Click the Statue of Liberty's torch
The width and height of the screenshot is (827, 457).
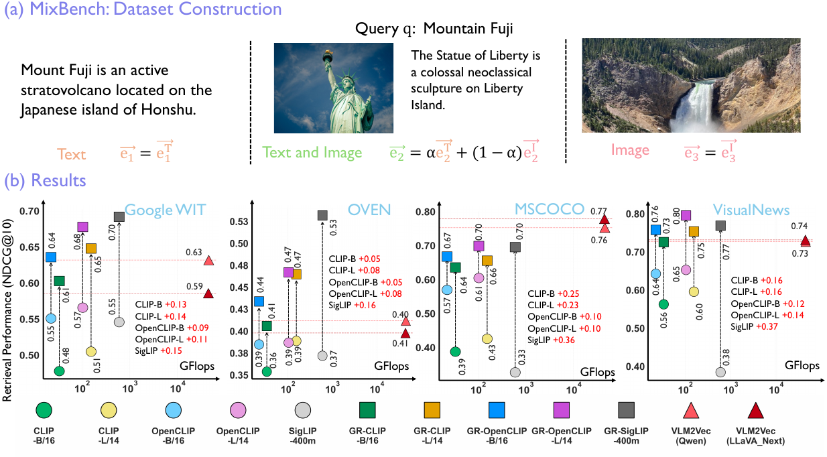[327, 56]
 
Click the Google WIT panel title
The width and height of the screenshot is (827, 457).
[165, 210]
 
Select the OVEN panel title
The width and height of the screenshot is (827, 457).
[369, 210]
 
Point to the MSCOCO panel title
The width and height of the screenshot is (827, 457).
[550, 209]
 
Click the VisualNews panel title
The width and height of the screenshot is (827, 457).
[751, 210]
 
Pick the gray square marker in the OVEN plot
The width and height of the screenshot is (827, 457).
[322, 215]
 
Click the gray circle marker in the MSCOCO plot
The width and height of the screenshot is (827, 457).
[515, 373]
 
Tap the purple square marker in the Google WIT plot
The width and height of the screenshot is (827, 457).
[82, 226]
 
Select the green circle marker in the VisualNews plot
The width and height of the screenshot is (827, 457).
[664, 304]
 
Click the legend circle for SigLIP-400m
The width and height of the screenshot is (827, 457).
[303, 410]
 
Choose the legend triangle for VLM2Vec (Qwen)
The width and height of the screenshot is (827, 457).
[691, 411]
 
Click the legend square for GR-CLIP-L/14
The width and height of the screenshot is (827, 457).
[432, 410]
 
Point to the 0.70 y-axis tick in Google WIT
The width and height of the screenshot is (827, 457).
[29, 212]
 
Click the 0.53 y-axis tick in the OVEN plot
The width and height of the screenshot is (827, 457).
[239, 222]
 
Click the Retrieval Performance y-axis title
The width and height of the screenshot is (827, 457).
[8, 310]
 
